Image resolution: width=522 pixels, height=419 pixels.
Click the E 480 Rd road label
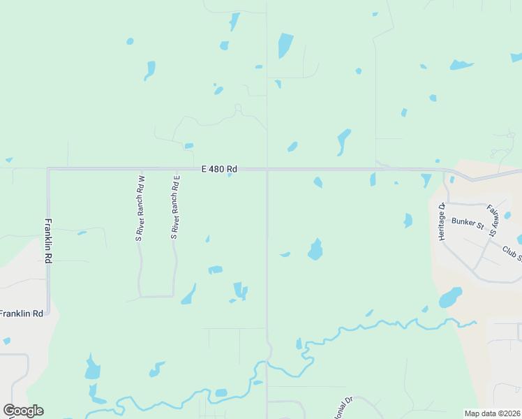(219, 169)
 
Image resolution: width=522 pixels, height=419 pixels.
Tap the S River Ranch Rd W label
(139, 207)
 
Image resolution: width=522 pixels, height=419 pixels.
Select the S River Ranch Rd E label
(176, 207)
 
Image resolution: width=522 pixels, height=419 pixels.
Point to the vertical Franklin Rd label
(48, 241)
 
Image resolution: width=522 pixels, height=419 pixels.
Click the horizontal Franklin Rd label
(21, 314)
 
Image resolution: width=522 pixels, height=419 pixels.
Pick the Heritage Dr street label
(442, 222)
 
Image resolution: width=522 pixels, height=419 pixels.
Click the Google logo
(23, 411)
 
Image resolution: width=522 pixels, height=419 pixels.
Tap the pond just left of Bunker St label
(408, 221)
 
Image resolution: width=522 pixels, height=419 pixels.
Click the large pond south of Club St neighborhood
(449, 298)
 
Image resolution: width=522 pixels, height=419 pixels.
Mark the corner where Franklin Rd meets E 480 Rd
(48, 169)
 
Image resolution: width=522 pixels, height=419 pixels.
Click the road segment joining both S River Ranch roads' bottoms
(157, 296)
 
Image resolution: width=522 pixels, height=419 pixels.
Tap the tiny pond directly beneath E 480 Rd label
(230, 175)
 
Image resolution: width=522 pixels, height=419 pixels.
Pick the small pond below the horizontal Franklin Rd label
(6, 341)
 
